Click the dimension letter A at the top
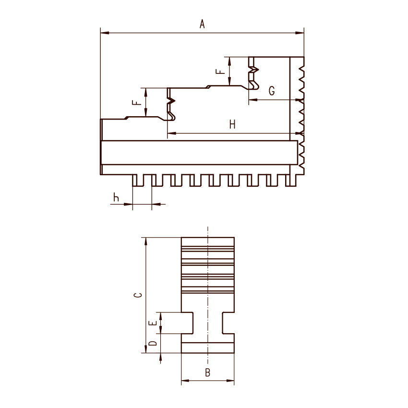tap(202, 24)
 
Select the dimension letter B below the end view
tap(207, 372)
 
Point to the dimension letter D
tap(153, 343)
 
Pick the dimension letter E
tap(153, 323)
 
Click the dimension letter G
tap(272, 91)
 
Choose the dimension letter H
tap(232, 124)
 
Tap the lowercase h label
tap(116, 197)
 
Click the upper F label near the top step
tap(220, 71)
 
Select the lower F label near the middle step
tap(137, 102)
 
